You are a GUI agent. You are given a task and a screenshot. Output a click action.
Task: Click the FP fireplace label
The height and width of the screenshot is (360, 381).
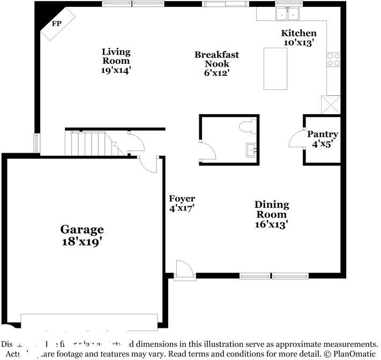[56, 24]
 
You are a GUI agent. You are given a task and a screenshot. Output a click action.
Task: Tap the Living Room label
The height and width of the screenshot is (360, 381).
[116, 56]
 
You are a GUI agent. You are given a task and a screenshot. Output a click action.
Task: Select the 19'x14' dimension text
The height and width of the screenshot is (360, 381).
[116, 70]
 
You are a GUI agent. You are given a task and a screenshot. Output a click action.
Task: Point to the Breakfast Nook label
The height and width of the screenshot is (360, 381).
[216, 59]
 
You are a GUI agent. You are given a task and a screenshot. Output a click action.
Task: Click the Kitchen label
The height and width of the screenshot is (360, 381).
[298, 33]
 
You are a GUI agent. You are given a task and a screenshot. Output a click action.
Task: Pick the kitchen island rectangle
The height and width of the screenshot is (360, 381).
[275, 68]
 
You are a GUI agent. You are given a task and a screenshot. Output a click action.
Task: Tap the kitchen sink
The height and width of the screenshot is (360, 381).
[287, 13]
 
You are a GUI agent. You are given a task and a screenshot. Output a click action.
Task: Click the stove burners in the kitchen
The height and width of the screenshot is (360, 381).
[333, 59]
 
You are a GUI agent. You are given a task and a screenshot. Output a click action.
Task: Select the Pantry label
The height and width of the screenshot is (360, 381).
[323, 134]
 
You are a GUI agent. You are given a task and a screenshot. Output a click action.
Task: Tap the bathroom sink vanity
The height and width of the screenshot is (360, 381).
[251, 149]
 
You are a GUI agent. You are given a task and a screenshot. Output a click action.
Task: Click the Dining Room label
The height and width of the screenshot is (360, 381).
[272, 209]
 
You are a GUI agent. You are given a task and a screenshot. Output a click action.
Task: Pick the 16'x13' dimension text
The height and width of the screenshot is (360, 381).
[272, 224]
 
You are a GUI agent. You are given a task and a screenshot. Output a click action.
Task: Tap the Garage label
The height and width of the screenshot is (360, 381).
[82, 230]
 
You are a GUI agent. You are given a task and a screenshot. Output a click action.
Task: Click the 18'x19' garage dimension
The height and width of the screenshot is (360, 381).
[82, 242]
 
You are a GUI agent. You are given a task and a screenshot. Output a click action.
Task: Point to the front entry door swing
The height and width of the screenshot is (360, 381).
[183, 268]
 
